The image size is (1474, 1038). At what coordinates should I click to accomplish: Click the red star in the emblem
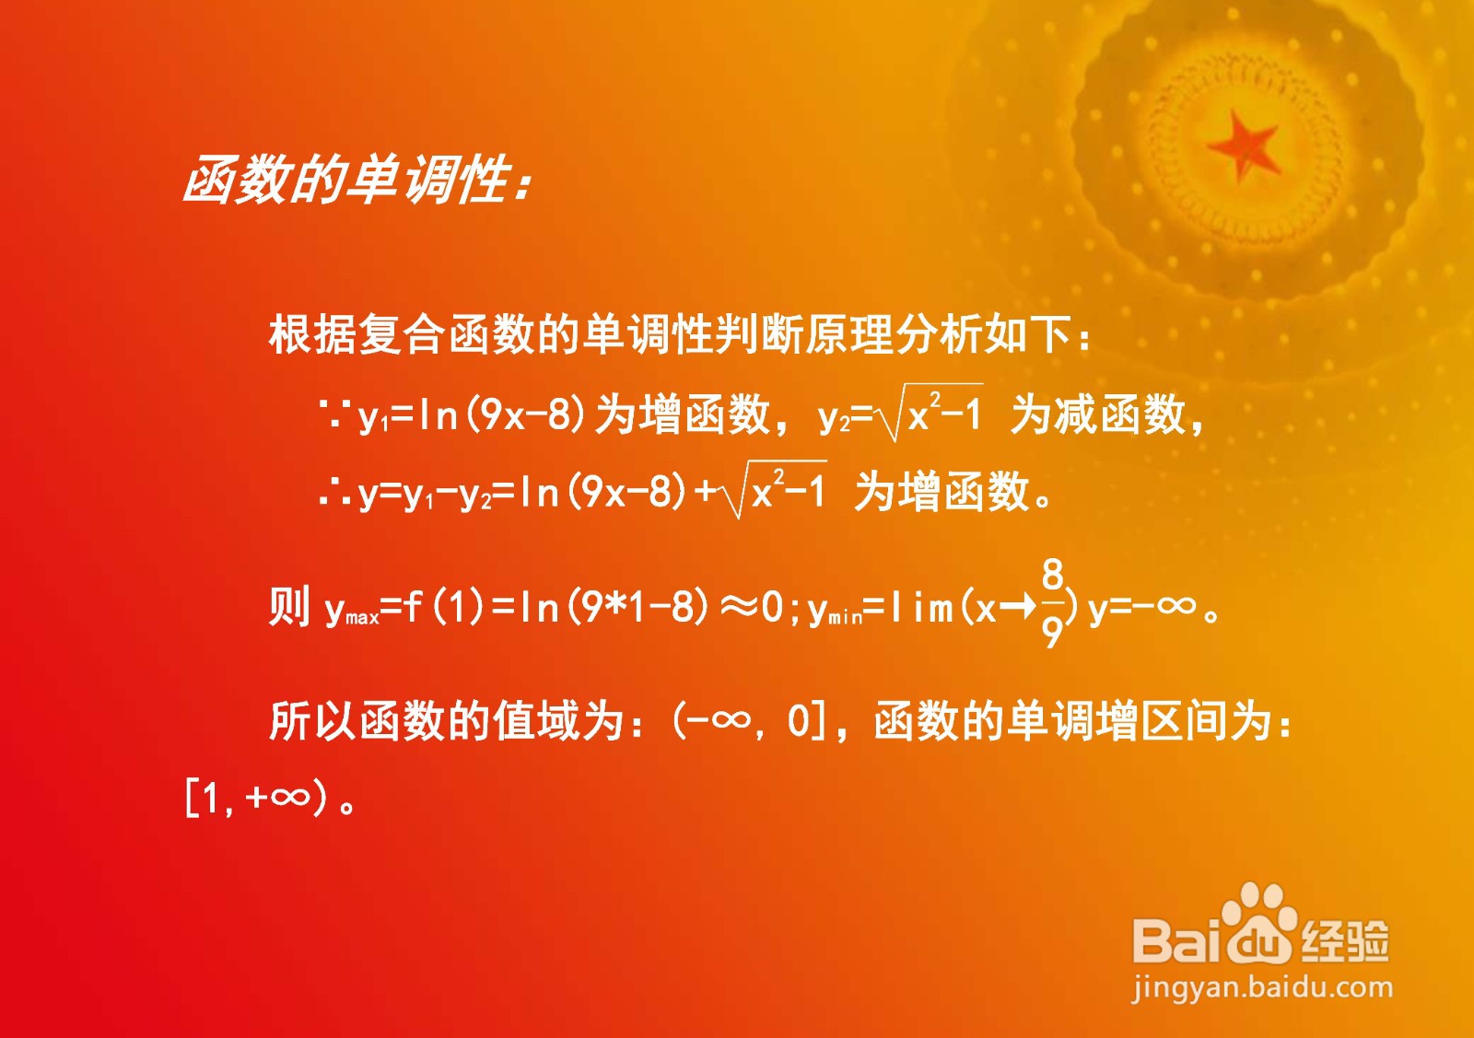click(1243, 147)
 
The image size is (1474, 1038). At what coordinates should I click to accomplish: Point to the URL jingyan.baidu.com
click(1262, 988)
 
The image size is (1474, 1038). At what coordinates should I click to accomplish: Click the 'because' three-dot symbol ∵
click(333, 414)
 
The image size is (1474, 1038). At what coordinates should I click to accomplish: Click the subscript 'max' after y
click(362, 617)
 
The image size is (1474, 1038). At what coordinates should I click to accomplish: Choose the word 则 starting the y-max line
click(289, 605)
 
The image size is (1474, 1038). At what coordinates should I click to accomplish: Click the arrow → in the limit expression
click(1017, 607)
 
